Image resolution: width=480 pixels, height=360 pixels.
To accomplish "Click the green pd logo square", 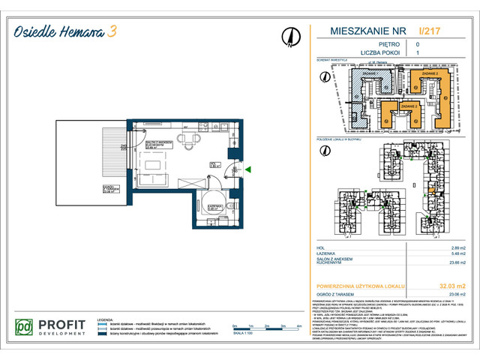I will pos(25,328).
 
